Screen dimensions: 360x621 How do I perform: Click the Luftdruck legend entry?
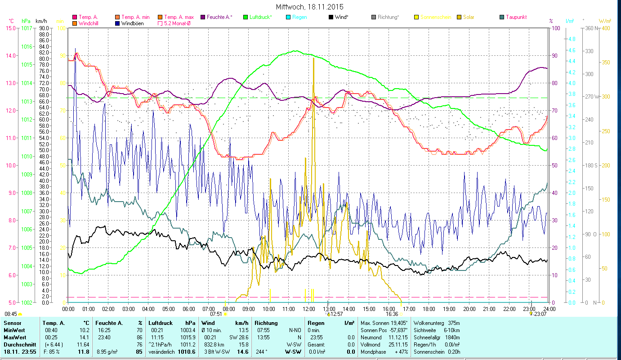pyautogui.click(x=260, y=17)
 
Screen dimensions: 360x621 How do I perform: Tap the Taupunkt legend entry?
pyautogui.click(x=516, y=17)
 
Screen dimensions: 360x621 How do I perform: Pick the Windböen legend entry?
pyautogui.click(x=134, y=23)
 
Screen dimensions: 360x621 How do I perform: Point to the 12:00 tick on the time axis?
pyautogui.click(x=309, y=309)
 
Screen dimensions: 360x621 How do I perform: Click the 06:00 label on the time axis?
pyautogui.click(x=189, y=309)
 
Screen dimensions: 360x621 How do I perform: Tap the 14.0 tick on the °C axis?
pyautogui.click(x=10, y=55)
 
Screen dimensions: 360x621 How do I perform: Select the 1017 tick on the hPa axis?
pyautogui.click(x=27, y=28)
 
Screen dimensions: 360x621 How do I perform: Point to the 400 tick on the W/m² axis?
pyautogui.click(x=605, y=28)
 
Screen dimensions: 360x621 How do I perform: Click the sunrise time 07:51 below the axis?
pyautogui.click(x=216, y=314)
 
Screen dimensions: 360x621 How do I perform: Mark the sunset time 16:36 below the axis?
pyautogui.click(x=392, y=314)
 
